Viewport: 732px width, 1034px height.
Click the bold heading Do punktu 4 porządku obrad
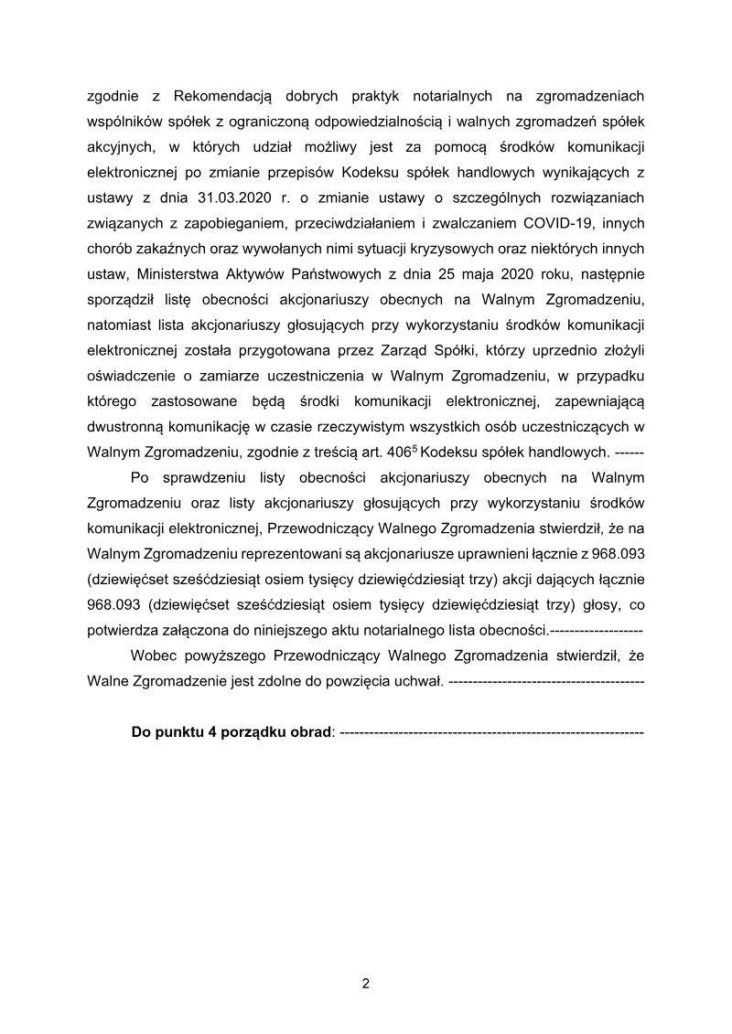[x=232, y=733]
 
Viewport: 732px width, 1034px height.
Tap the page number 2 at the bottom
[x=366, y=985]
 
